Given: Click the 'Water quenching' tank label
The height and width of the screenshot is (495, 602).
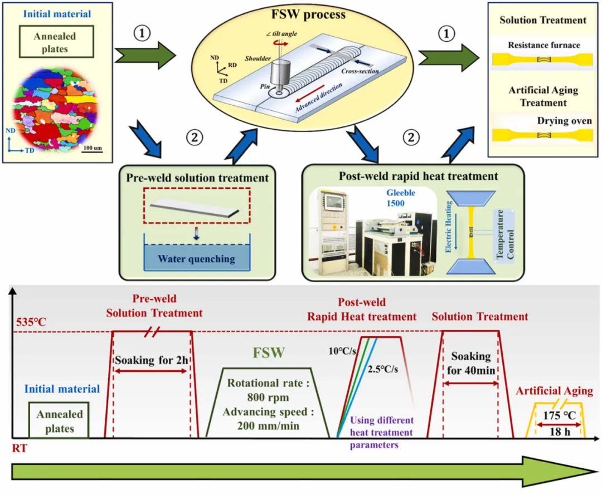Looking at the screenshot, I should pyautogui.click(x=196, y=259).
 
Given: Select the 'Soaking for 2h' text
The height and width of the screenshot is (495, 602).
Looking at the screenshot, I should pyautogui.click(x=151, y=360).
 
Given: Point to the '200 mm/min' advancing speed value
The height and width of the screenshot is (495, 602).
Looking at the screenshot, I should pyautogui.click(x=267, y=426).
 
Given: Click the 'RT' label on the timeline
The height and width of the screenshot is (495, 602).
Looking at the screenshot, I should pyautogui.click(x=20, y=447).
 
